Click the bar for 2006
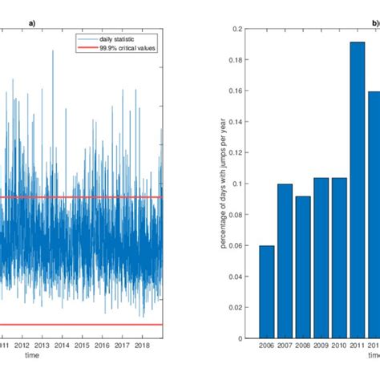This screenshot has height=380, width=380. [x=266, y=292]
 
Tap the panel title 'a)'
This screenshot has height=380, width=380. [x=31, y=22]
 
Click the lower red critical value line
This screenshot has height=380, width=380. [x=80, y=325]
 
